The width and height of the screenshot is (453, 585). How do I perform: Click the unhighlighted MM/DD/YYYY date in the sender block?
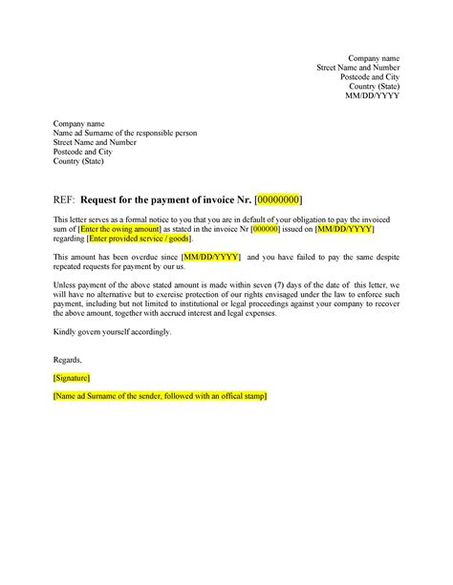pos(372,96)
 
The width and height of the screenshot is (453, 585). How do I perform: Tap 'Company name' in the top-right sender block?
pos(374,59)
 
